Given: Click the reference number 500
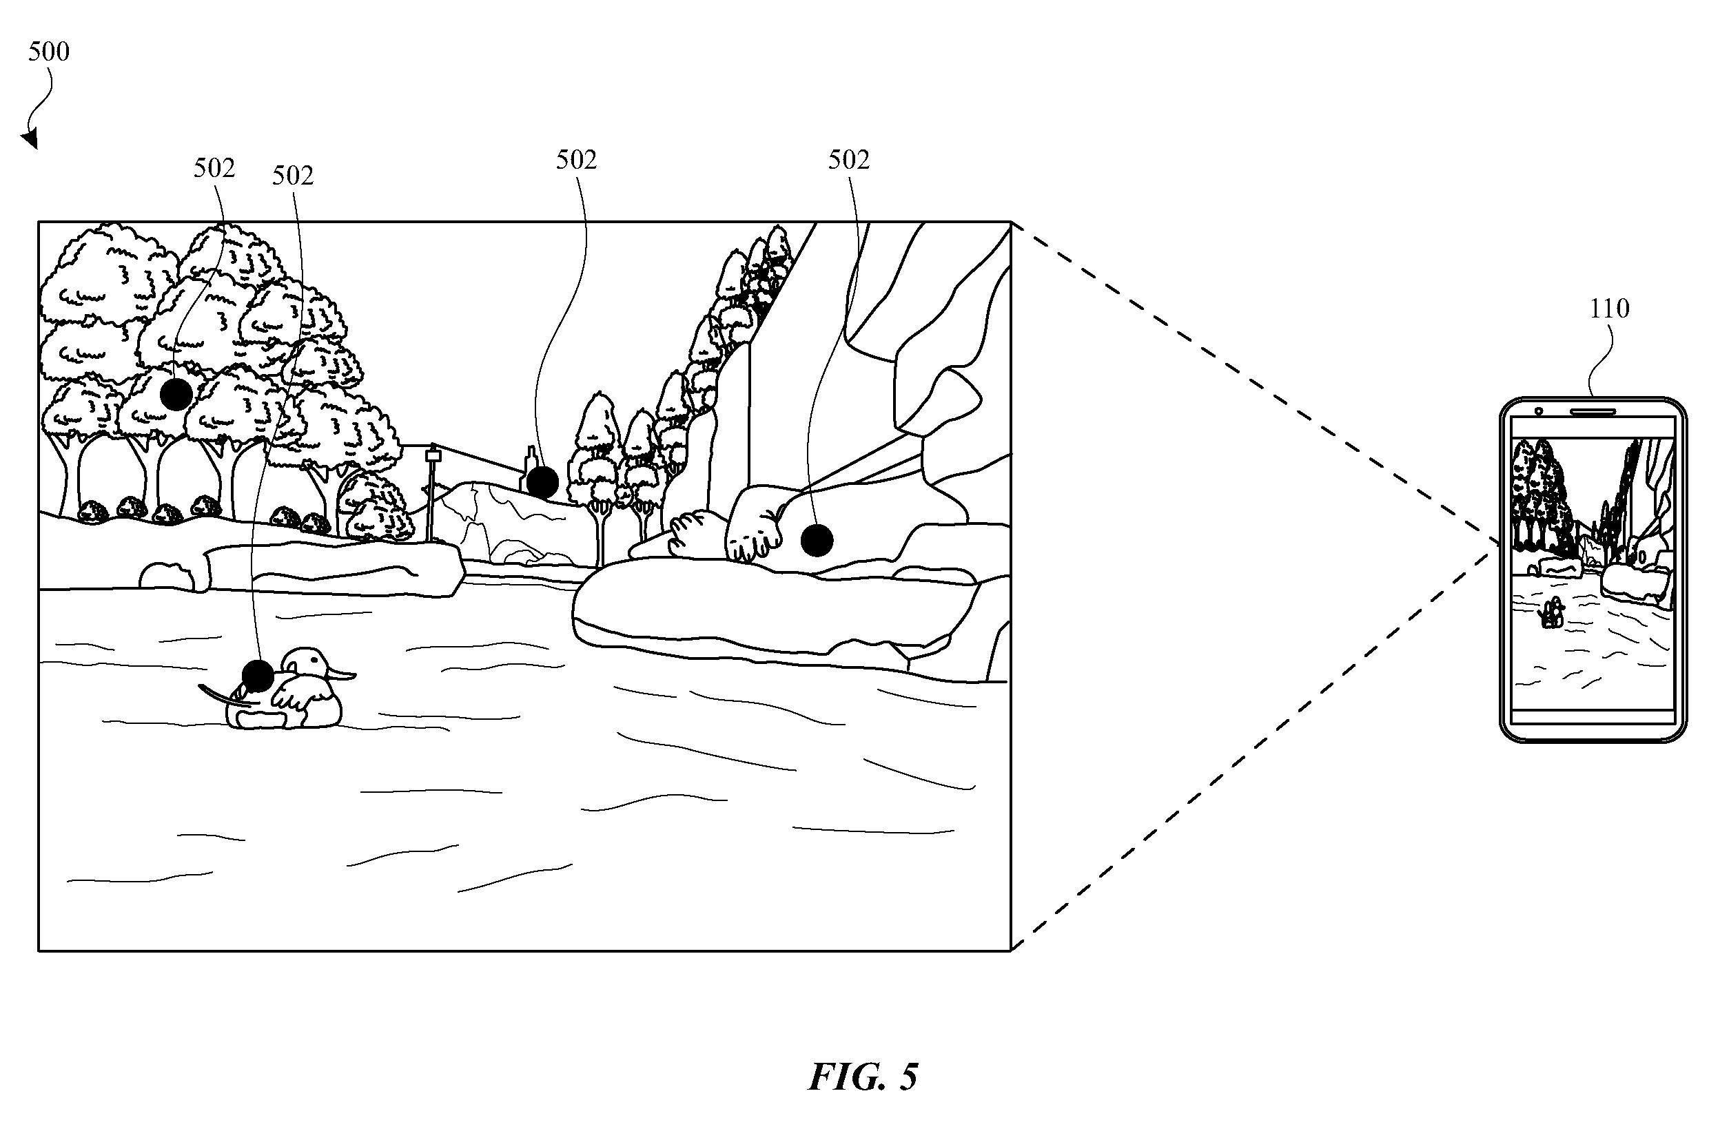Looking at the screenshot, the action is [x=49, y=52].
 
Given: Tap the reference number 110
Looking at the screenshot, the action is [x=1608, y=309].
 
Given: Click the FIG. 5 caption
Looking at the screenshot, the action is [x=863, y=1077].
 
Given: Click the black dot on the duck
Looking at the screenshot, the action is [x=257, y=676].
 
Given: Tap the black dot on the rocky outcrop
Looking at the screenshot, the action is [x=817, y=540].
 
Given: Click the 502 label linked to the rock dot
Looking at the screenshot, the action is [x=849, y=160].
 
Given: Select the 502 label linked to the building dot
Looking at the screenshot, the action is [x=576, y=160].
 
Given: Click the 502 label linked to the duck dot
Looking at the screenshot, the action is [x=293, y=176].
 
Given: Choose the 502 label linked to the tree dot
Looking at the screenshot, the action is [x=214, y=169].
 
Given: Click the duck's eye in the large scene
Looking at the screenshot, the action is [x=311, y=658].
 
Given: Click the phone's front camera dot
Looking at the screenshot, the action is [x=1539, y=412].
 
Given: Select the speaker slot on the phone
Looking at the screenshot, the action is [x=1593, y=413].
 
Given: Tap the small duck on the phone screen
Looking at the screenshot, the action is [x=1551, y=614].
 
